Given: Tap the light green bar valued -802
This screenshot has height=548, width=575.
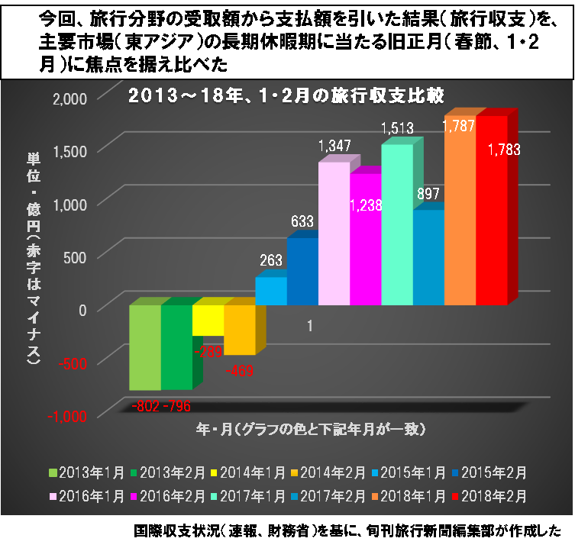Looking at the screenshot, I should tap(145, 347).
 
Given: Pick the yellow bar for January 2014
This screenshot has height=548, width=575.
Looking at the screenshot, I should tap(208, 320).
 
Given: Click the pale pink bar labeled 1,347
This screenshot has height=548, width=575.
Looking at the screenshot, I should tap(334, 233).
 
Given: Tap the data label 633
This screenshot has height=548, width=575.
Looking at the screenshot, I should tap(303, 222).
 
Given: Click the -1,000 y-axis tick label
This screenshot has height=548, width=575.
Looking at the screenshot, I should tap(69, 417).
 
